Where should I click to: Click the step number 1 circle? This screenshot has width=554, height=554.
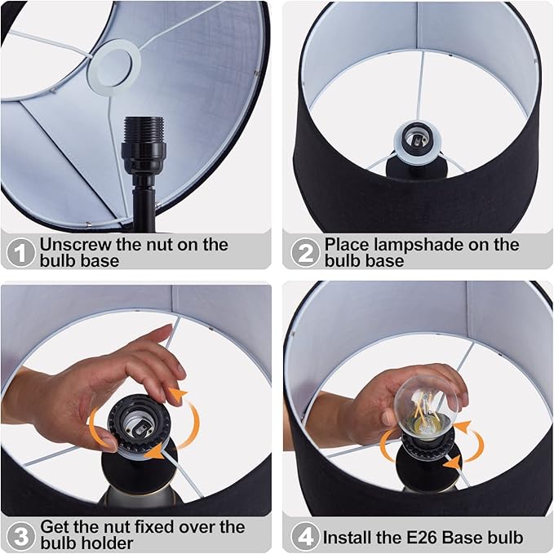tap(21, 252)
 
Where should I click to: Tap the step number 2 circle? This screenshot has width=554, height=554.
tap(305, 252)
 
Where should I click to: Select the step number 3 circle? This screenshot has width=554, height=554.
tap(20, 535)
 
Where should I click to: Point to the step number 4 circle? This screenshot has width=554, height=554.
tap(305, 537)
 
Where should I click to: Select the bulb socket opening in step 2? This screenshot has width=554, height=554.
tap(416, 140)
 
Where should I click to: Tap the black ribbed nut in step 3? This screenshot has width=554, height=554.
tap(139, 423)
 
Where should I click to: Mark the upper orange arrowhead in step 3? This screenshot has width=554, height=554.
tap(179, 396)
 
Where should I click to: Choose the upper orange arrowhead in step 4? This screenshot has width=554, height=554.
tap(463, 427)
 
